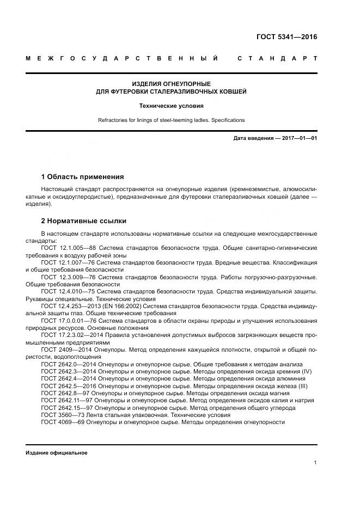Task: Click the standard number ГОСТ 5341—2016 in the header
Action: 286,38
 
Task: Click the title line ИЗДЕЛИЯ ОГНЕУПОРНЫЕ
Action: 171,84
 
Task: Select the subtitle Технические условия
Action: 171,106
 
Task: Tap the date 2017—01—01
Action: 298,138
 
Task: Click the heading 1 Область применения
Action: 82,177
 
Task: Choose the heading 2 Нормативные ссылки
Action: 83,221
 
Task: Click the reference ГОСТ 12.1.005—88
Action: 68,248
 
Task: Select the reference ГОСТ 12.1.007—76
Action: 68,263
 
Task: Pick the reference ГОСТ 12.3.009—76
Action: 69,277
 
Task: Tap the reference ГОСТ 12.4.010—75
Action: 68,292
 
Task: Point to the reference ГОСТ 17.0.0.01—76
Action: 69,321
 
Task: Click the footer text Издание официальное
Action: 56,453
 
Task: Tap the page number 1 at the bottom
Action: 315,463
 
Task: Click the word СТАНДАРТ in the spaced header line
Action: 277,58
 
